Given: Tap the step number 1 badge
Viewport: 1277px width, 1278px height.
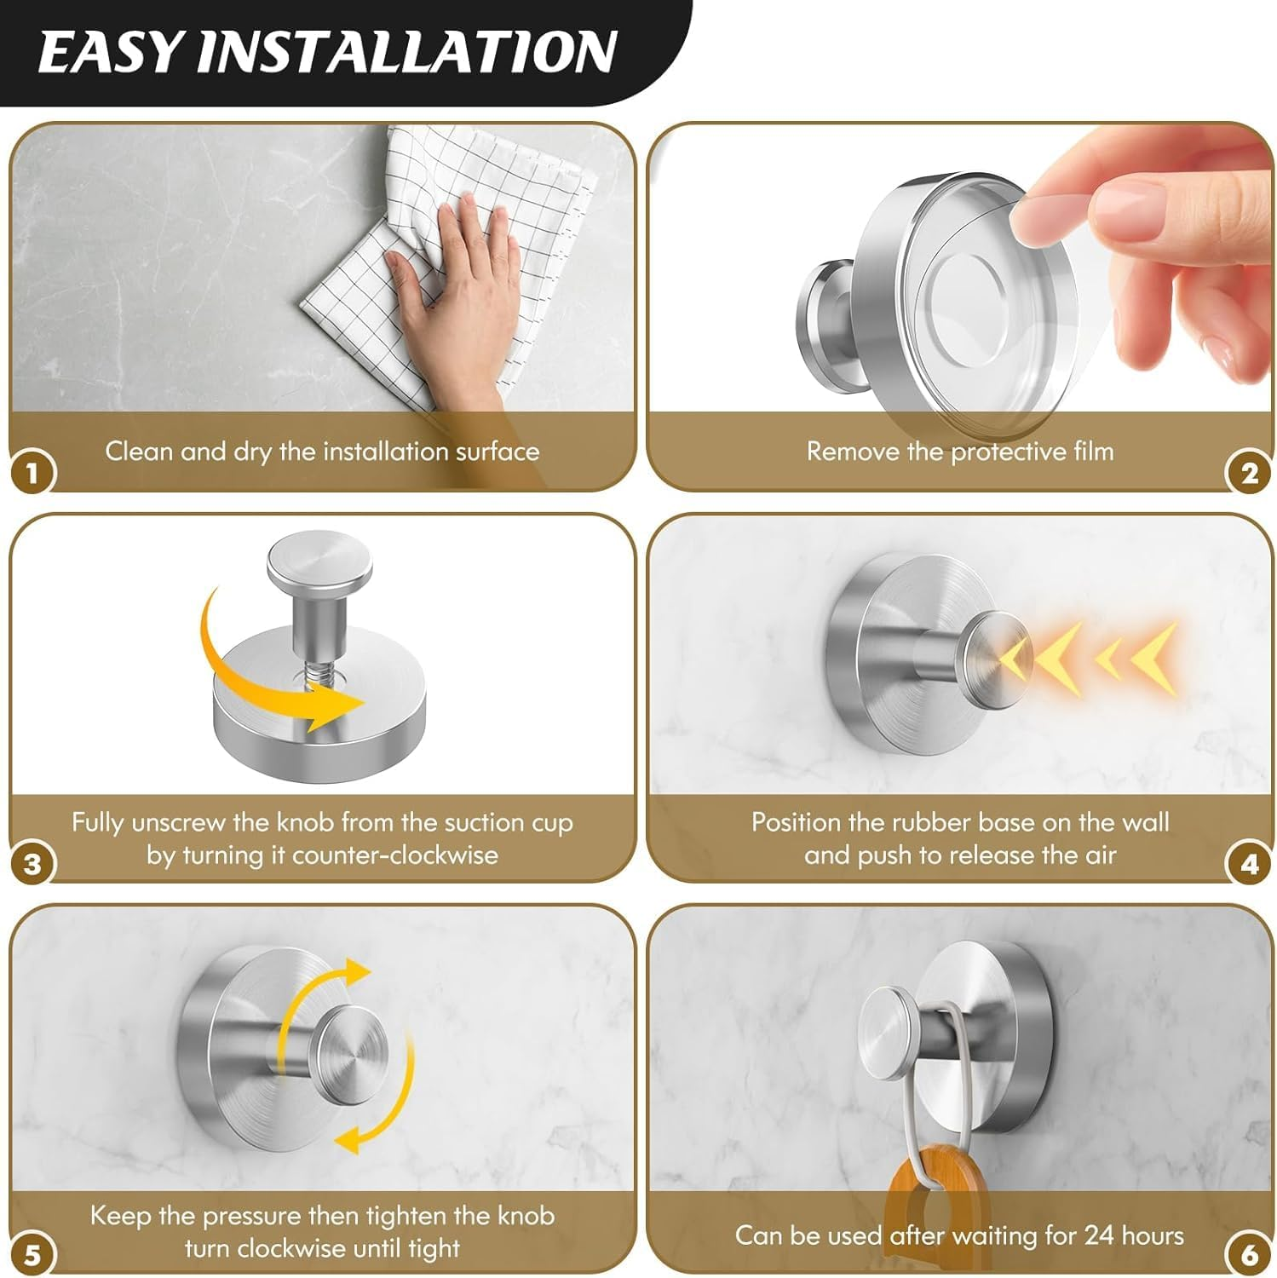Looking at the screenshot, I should (x=32, y=473).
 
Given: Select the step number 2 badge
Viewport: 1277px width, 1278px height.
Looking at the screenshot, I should (x=1248, y=473).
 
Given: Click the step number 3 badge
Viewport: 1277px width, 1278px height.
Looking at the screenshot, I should (x=32, y=864).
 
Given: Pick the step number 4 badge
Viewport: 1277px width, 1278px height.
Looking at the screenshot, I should (x=1248, y=864).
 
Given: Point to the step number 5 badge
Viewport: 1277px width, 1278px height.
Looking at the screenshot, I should (x=32, y=1255).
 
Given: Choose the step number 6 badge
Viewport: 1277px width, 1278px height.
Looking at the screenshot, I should (x=1248, y=1255).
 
